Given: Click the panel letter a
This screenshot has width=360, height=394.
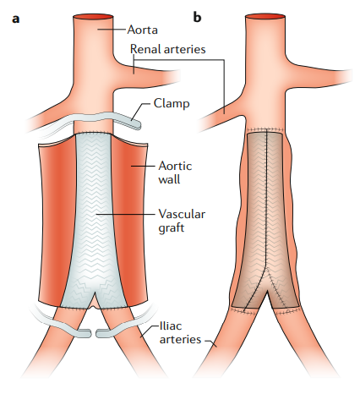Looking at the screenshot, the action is (16, 19).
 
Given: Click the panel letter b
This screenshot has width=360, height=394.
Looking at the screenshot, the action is (197, 17).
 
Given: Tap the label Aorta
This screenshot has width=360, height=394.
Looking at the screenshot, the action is (142, 30).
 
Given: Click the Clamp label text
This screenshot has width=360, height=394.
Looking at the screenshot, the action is (172, 103).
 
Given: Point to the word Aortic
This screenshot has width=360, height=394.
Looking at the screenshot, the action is (175, 166).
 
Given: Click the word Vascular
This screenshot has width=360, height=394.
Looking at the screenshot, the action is (182, 214).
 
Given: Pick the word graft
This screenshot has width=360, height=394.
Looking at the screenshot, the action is (171, 227).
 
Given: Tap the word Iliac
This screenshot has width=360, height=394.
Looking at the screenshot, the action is (171, 326).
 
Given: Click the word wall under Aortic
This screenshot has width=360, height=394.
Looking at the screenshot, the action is (169, 179).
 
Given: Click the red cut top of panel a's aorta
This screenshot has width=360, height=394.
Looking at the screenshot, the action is (93, 16).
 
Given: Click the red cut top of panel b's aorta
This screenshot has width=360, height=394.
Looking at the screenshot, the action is (265, 16).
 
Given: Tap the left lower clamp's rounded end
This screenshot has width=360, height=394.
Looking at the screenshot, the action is (88, 333).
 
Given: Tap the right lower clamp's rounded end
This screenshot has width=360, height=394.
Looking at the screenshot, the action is (100, 333).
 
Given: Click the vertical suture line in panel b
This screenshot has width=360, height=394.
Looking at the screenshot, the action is (266, 197).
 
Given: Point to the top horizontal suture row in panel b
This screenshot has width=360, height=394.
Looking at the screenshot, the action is (265, 129).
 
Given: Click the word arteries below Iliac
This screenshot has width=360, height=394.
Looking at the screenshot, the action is (180, 339).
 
